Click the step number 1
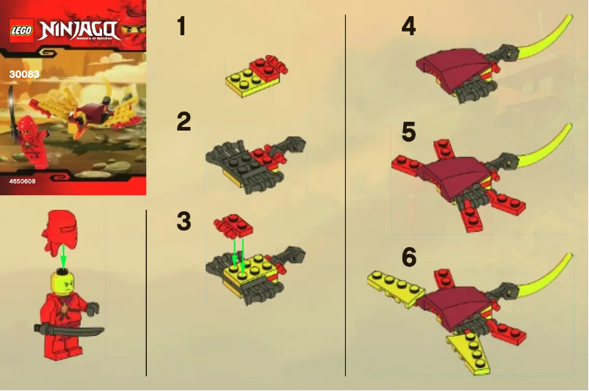(181, 27)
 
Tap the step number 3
(184, 220)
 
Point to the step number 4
(408, 27)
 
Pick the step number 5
(408, 132)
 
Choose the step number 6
(409, 257)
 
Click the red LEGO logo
(20, 32)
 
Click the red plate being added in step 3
(233, 223)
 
